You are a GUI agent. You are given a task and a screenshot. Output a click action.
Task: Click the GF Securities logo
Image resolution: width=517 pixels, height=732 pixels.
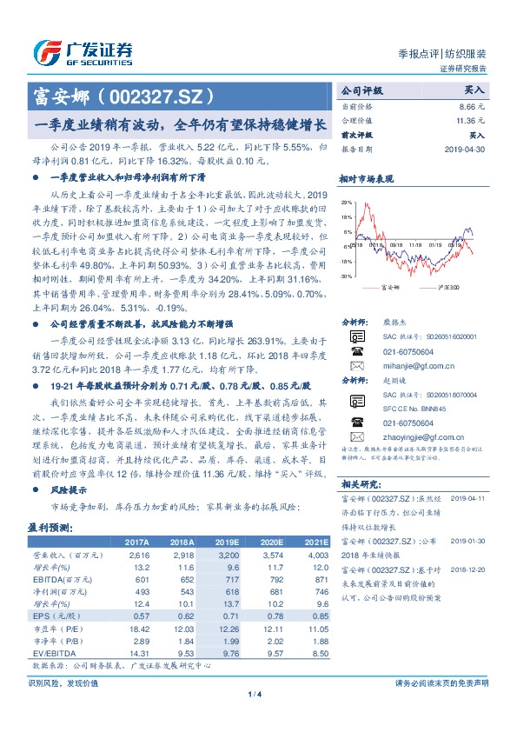tap(83, 51)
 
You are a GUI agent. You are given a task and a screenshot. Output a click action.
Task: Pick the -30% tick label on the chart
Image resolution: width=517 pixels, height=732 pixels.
tap(347, 276)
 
